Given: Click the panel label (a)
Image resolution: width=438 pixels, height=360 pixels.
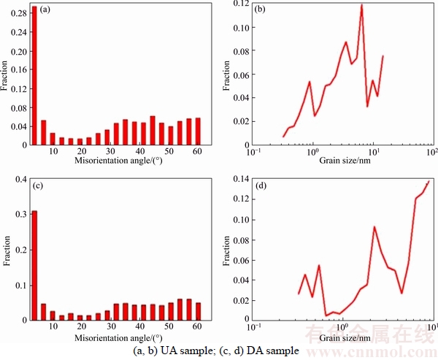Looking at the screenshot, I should click(x=45, y=9).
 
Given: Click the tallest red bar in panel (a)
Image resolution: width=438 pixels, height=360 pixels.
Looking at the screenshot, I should click(x=34, y=73).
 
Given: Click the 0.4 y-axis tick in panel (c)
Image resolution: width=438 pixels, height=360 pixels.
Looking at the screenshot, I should click(x=21, y=180).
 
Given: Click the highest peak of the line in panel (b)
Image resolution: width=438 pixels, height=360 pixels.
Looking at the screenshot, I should click(x=361, y=5).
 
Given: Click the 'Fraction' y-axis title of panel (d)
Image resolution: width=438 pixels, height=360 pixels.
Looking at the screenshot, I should click(x=226, y=248).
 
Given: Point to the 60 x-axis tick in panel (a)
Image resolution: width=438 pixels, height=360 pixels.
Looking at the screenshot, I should click(x=197, y=150).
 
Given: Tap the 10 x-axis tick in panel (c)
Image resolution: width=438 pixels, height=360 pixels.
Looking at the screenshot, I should click(x=53, y=328).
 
